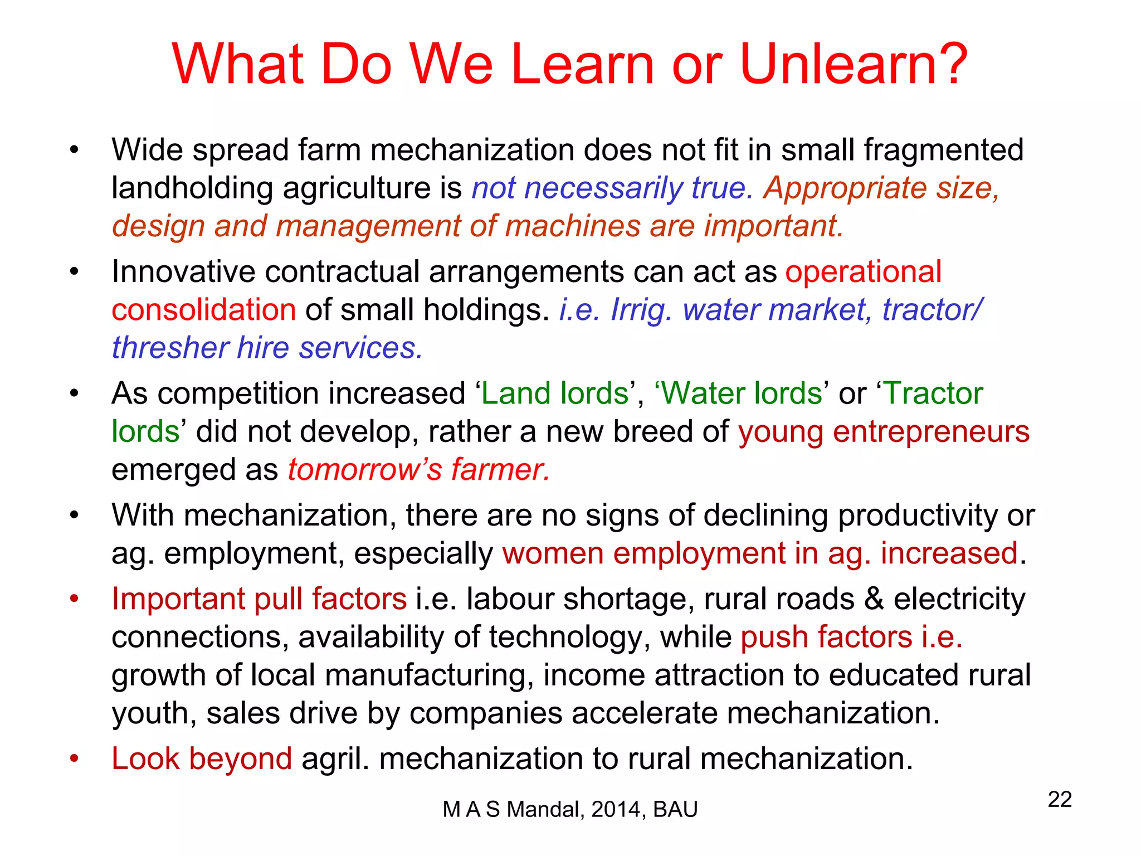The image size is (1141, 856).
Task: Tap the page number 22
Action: point(1060,800)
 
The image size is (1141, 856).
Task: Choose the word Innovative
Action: point(183,272)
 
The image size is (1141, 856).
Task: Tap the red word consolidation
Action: point(203,310)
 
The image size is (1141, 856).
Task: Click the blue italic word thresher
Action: point(169,348)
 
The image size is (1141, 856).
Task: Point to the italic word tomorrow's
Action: point(364,470)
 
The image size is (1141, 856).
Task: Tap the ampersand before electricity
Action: point(874,599)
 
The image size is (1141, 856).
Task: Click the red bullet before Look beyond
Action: point(74,759)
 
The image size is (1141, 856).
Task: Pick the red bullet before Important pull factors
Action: point(74,599)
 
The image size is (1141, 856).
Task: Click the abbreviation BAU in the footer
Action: point(675,809)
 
